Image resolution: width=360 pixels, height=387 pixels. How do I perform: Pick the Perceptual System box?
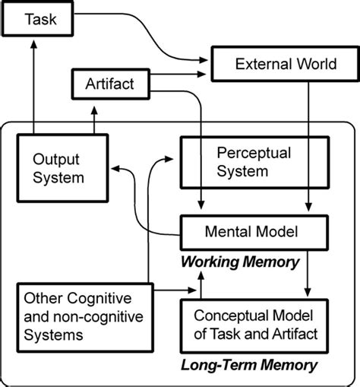pyautogui.click(x=254, y=161)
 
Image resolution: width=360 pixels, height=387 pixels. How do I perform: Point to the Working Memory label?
pyautogui.click(x=238, y=262)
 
